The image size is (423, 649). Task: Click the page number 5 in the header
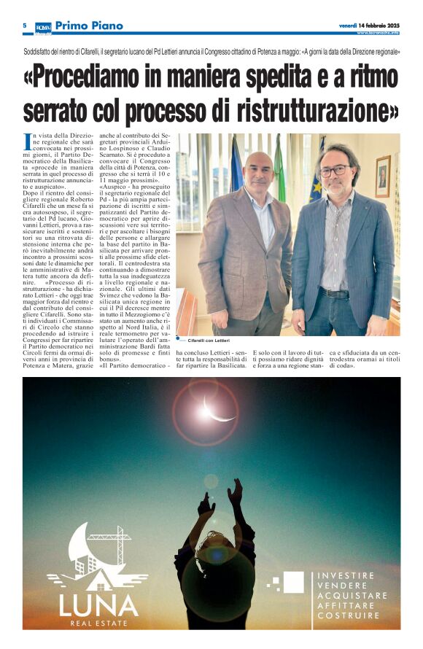click(25, 26)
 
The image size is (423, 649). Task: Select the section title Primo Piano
click(88, 26)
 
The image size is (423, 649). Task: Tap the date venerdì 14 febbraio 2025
click(370, 26)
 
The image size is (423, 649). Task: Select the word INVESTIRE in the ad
click(346, 575)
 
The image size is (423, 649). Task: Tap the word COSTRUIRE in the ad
click(349, 615)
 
